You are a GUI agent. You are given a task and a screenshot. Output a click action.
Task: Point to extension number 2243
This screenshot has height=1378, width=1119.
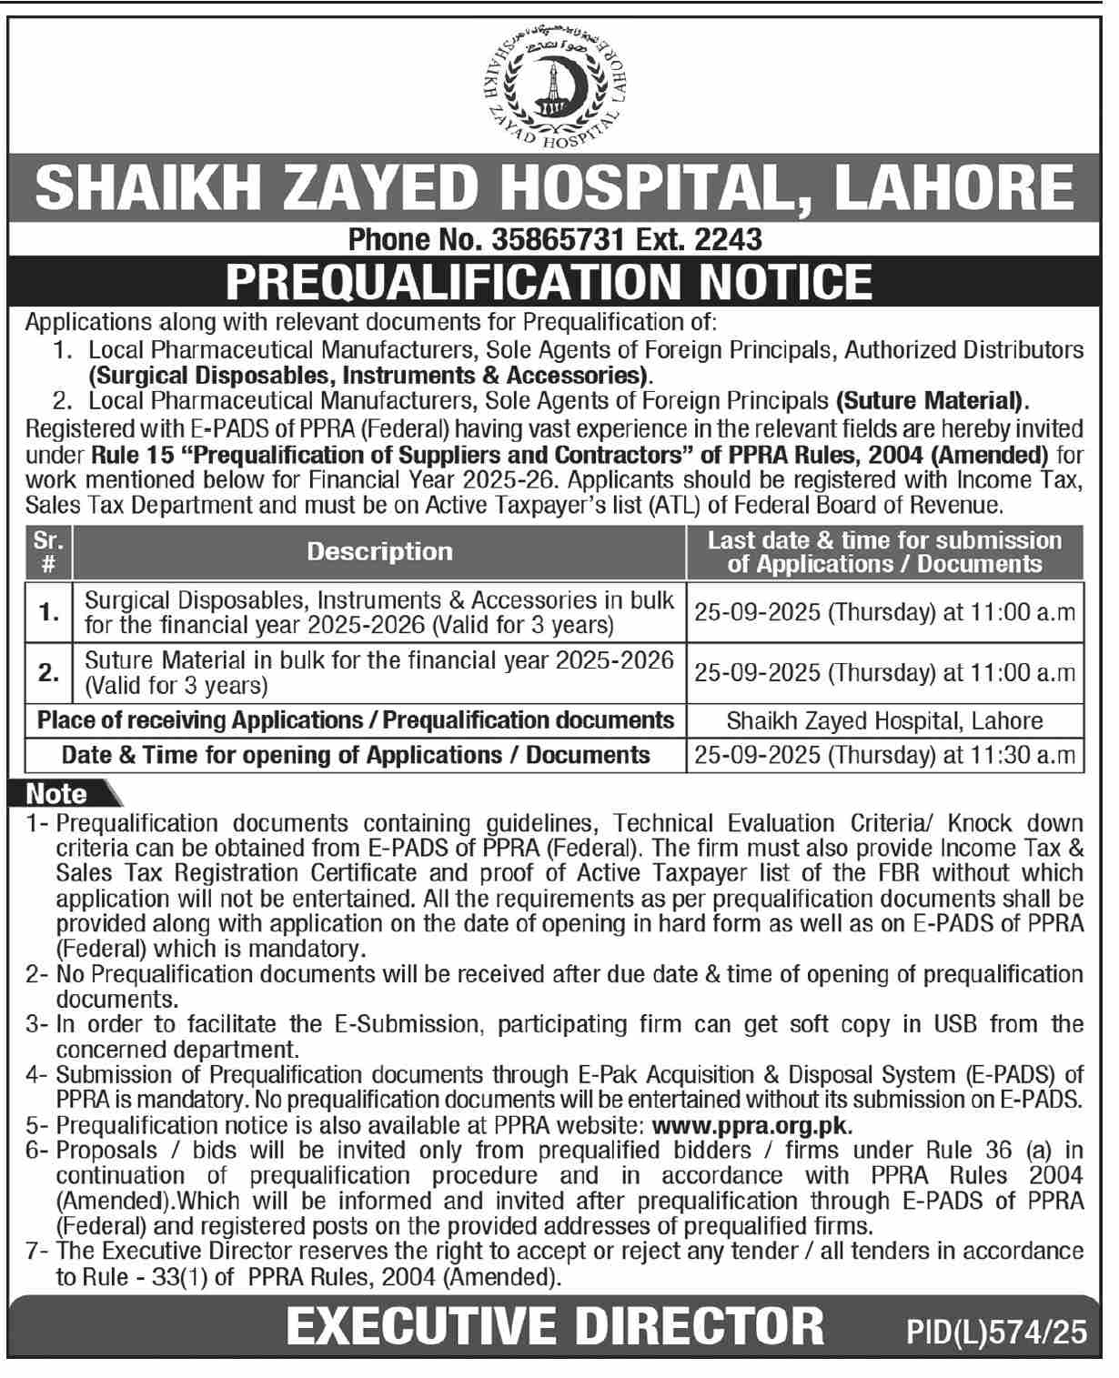(x=727, y=239)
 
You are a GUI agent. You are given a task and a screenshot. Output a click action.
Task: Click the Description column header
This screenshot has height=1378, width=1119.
(x=379, y=551)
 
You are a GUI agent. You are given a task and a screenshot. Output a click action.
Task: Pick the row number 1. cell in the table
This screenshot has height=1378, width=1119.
(x=49, y=613)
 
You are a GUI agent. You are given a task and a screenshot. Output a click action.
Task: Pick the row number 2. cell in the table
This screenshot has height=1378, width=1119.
(x=49, y=673)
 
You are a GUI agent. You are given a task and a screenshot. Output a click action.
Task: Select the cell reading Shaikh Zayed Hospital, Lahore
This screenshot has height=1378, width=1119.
(x=884, y=721)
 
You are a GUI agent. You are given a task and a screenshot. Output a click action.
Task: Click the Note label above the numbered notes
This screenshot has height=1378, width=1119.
(x=56, y=794)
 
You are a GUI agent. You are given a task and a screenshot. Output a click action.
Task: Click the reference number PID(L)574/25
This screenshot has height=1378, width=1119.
(x=997, y=1333)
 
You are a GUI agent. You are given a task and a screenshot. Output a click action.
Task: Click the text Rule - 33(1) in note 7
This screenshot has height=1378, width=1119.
(x=127, y=1276)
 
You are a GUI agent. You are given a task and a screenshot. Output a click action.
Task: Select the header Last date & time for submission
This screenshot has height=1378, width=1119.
(x=884, y=540)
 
